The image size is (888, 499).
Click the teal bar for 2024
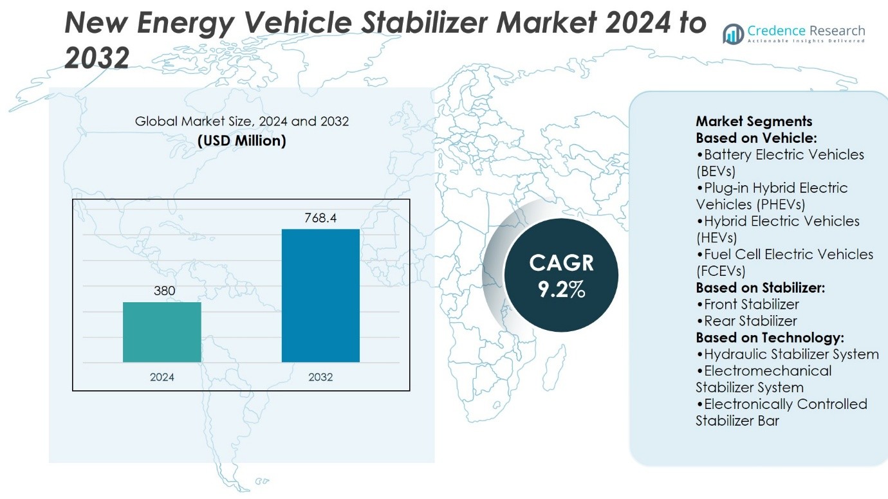[x=162, y=332]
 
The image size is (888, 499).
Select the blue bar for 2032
[x=320, y=295]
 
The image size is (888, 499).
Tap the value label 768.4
[x=320, y=219]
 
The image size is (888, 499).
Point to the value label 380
[x=164, y=291]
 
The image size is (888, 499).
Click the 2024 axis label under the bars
[x=162, y=377]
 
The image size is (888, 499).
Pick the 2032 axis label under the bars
[x=320, y=377]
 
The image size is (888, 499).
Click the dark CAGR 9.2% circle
[x=561, y=275]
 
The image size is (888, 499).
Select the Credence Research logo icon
[x=733, y=33]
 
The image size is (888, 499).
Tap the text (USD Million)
[x=242, y=140]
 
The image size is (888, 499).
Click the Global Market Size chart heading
[x=242, y=121]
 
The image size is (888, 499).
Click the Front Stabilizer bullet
[x=747, y=304]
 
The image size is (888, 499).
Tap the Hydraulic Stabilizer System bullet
[x=787, y=354]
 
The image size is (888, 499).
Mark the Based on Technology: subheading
[x=770, y=338]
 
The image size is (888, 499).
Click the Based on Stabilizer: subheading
[x=760, y=287]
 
